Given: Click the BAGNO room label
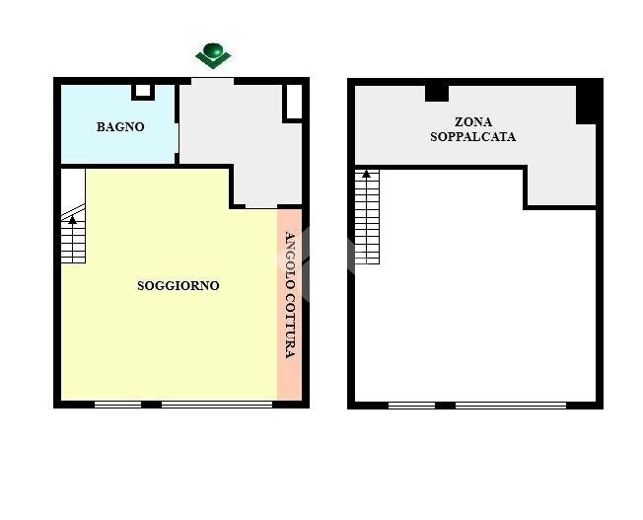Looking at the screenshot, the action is (120, 127).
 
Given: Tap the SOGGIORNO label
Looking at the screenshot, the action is (178, 285).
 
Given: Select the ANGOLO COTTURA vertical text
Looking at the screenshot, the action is (290, 295).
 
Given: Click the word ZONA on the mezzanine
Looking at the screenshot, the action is (473, 122).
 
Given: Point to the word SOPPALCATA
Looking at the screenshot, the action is (472, 137).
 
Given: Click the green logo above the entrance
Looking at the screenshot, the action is (213, 55).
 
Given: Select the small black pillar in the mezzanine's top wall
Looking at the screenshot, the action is (437, 93).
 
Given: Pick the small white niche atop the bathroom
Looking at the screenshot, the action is (143, 91).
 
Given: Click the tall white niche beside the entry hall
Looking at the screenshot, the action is (294, 102).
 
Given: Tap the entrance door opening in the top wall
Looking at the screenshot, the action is (212, 81).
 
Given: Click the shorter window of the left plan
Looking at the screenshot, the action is (118, 405).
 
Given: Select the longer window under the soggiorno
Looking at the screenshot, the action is (217, 405).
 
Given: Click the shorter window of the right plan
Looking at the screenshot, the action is (411, 406).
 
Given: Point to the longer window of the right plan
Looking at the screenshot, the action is (511, 406).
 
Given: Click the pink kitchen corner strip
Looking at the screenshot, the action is (290, 305).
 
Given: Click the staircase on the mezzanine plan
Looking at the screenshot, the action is (367, 217).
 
